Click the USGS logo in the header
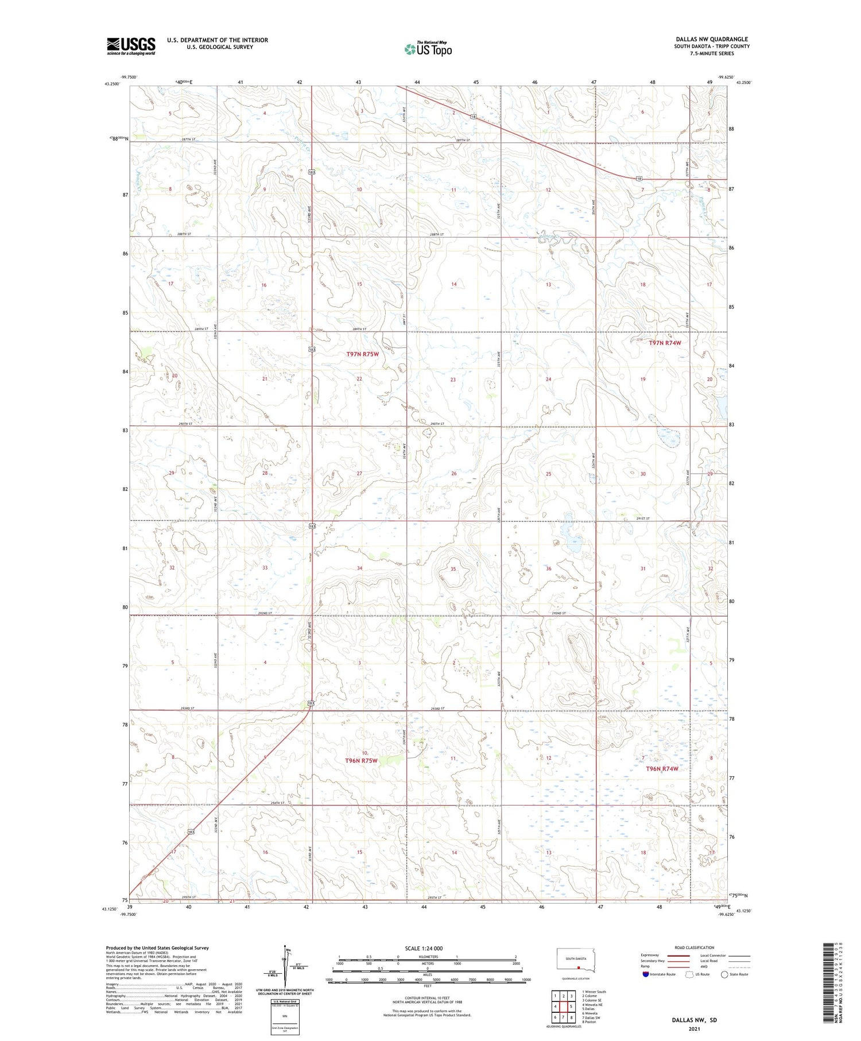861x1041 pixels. coord(131,46)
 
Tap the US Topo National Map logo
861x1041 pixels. coord(428,49)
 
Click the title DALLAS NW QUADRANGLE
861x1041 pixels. coord(712,39)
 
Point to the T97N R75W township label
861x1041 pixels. coord(362,354)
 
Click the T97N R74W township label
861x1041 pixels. coord(665,343)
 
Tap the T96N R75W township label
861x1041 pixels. coord(361,761)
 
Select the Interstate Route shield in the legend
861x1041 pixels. coord(646,974)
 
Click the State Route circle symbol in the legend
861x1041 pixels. coord(724,974)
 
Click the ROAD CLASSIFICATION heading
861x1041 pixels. coord(694,947)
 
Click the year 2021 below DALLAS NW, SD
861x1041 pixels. coord(694,1028)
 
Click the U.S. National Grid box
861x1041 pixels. coord(285,1016)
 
